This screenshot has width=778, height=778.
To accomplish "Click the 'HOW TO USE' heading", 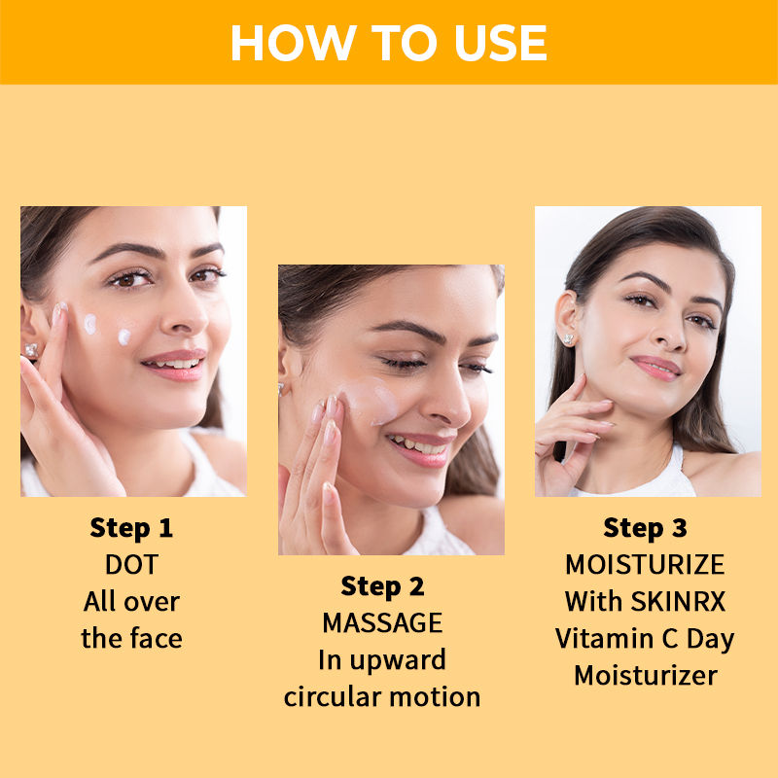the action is coord(388,43).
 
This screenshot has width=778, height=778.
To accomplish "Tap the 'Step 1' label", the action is coord(131,528).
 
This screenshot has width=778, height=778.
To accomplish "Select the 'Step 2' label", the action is coord(382,586).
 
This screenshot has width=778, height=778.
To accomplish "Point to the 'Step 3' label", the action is coord(645,528).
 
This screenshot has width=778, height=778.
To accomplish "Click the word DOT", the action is coord(131,564).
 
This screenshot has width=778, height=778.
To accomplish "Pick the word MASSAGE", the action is coord(382,622).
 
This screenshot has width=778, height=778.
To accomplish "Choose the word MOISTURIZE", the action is coord(645,564).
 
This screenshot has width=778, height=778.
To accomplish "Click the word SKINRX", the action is coord(678,601).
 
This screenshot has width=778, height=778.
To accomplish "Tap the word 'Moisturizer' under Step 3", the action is coord(646,675).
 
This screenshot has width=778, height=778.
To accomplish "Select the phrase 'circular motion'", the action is coord(382,696).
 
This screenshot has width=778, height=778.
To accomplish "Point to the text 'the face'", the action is coord(131,638).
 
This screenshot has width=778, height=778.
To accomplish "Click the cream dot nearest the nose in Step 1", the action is coord(124,337).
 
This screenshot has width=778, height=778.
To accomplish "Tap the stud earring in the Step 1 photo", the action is coord(32,350).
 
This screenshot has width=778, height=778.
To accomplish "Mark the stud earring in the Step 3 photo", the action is coord(569,339).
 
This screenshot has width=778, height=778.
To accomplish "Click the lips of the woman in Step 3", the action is coord(655,369).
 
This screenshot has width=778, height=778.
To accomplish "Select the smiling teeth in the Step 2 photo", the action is coord(418,445).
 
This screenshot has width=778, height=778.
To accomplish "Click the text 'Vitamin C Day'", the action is coord(645,639).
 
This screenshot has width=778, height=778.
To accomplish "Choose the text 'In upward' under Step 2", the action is coord(382,661).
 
